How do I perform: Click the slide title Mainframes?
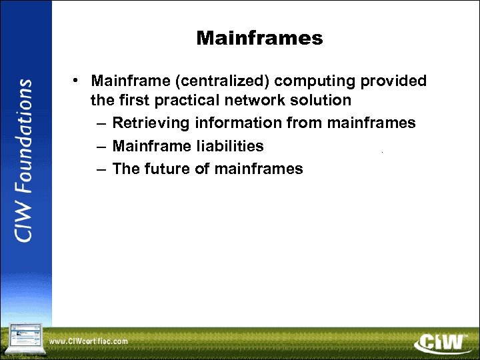tap(259, 39)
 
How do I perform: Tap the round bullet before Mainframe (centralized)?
tap(78, 81)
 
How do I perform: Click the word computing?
tap(315, 81)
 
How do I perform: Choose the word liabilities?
tap(225, 146)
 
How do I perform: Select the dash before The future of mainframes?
tap(100, 169)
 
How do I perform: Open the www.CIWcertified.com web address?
tap(89, 341)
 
